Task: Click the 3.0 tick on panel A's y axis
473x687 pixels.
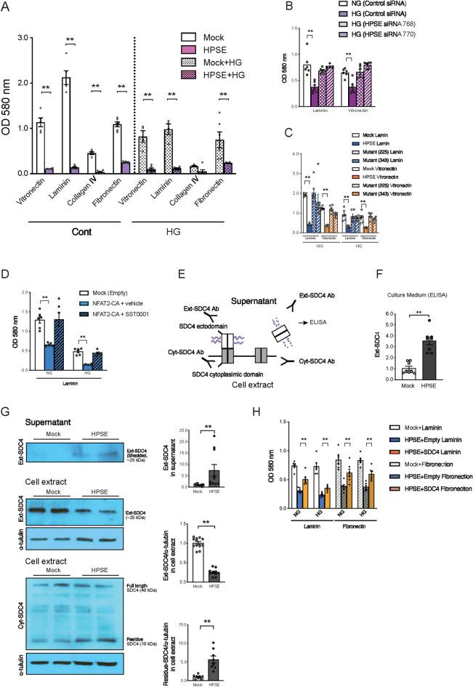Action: (x=21, y=37)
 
